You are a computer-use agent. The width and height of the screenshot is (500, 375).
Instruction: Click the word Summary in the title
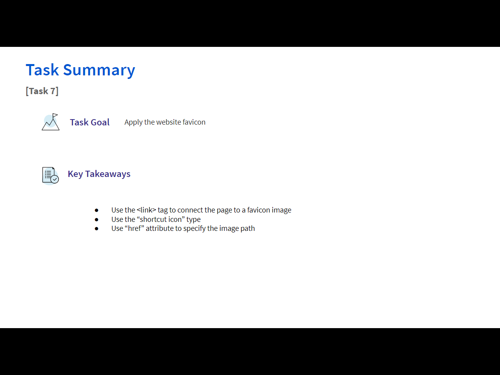pyautogui.click(x=99, y=70)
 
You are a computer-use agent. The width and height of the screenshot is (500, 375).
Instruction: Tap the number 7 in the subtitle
pyautogui.click(x=53, y=91)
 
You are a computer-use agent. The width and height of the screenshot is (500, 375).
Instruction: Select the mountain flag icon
pyautogui.click(x=50, y=122)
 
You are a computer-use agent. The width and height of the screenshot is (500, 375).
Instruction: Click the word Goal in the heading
pyautogui.click(x=100, y=122)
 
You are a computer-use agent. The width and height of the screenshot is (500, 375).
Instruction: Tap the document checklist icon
pyautogui.click(x=50, y=175)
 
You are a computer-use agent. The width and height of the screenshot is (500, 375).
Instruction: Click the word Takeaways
pyautogui.click(x=108, y=174)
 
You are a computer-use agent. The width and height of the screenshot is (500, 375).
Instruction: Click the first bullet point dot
pyautogui.click(x=96, y=210)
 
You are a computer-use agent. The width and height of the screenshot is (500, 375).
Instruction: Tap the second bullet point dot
pyautogui.click(x=96, y=220)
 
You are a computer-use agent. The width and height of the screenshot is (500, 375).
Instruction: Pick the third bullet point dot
pyautogui.click(x=96, y=229)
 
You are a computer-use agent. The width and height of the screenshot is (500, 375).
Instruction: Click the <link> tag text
pyautogui.click(x=146, y=210)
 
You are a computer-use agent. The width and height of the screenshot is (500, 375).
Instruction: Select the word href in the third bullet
pyautogui.click(x=134, y=228)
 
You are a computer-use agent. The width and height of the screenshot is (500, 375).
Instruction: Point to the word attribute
pyautogui.click(x=160, y=229)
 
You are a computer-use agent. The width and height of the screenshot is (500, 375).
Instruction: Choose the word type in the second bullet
pyautogui.click(x=193, y=220)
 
